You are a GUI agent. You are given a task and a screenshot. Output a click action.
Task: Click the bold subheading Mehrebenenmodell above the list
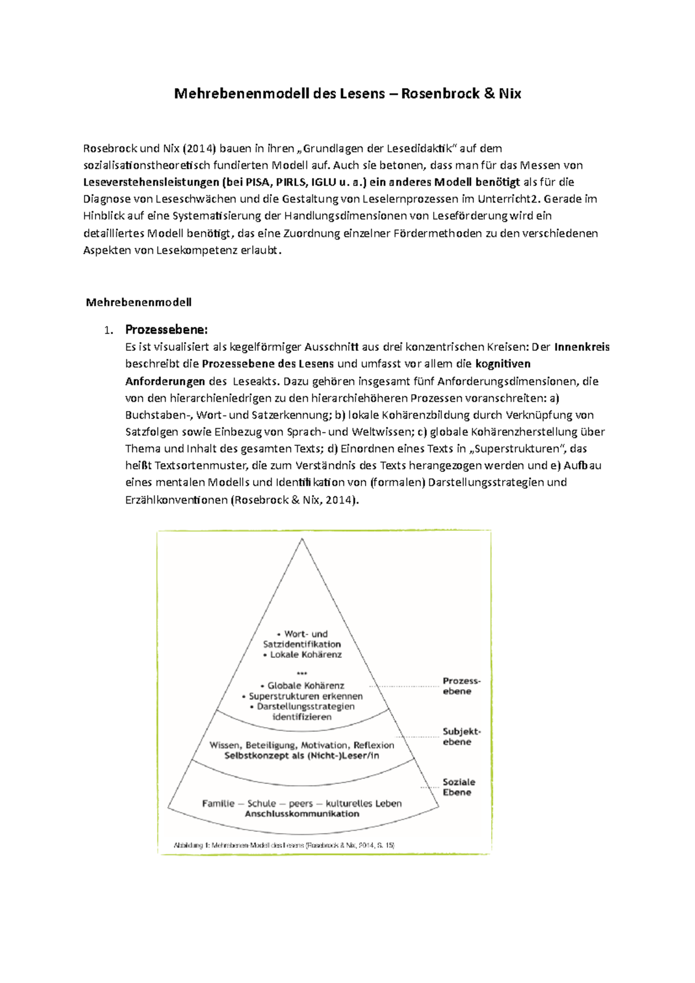[138, 302]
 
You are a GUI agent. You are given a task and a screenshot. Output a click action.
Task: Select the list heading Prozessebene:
[166, 330]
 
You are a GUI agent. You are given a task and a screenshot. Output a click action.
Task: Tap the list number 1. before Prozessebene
[107, 331]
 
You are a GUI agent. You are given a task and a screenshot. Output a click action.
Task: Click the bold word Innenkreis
[581, 347]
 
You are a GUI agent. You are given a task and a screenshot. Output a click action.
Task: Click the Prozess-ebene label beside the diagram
[461, 686]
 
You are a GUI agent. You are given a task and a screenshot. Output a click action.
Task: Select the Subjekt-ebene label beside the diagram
[461, 736]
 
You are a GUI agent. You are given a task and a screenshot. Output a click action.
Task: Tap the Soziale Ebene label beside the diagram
[458, 787]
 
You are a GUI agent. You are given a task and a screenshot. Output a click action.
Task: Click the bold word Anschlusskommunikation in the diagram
[302, 814]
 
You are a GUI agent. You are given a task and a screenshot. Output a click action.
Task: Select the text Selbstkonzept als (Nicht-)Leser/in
[302, 755]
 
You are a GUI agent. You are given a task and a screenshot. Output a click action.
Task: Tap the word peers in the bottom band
[301, 804]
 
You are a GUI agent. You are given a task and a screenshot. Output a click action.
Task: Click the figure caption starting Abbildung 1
[284, 845]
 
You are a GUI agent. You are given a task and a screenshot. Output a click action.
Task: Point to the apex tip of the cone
[302, 539]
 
